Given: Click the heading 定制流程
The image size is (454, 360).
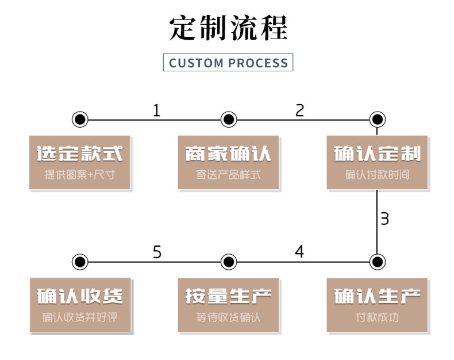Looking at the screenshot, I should pos(228,27).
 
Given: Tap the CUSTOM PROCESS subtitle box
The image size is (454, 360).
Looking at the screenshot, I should pos(228,62).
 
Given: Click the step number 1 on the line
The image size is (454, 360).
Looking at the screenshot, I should pos(156,110).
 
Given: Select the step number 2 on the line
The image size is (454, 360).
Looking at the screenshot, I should pos(299,110).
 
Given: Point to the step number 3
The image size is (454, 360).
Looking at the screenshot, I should pos(384,219).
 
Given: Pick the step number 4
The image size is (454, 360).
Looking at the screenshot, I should pos(299,252).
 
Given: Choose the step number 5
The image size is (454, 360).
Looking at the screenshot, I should pos(157,252).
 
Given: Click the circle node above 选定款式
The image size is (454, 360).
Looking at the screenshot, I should pos(80,120).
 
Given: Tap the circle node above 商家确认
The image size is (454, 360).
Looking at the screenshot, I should pos(229,120).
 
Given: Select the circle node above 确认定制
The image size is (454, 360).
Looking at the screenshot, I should pos(377,120).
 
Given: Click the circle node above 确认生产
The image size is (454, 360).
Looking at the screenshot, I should pos(377,262).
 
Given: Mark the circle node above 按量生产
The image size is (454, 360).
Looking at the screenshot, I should pos(229,262).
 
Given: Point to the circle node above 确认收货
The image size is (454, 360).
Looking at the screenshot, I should pos(80,262).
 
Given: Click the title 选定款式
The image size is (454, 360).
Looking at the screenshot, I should pos(80,154).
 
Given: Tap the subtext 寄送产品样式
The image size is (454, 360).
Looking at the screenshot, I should pos(228,174).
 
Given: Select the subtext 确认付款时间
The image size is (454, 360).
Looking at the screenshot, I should pos(377,174).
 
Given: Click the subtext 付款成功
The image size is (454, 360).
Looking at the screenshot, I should pos(377,317).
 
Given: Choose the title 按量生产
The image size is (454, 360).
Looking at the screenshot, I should pos(228,296).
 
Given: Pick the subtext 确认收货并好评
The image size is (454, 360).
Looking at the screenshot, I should pos(80,317).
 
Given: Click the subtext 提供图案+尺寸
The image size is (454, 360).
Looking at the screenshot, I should pos(80,174).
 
